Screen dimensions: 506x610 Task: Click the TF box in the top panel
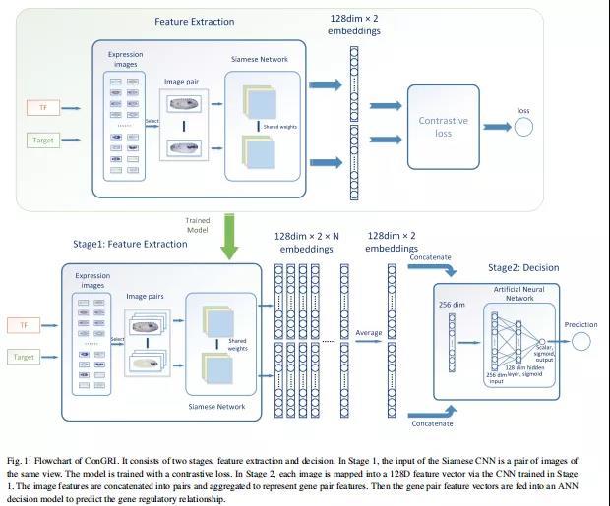[x=42, y=107]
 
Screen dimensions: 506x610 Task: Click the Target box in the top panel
[x=42, y=141]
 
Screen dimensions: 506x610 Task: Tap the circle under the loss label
[x=522, y=127]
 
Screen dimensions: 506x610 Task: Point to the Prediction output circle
[x=580, y=340]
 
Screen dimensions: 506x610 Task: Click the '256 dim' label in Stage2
[x=452, y=305]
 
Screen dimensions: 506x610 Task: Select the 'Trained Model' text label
[x=198, y=226]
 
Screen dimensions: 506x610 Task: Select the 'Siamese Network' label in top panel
[x=260, y=60]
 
